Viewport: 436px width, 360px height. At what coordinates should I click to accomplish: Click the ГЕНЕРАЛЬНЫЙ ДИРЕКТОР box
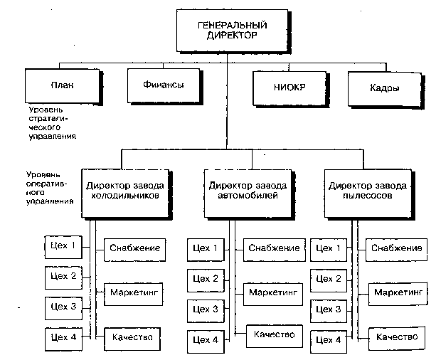point(233,31)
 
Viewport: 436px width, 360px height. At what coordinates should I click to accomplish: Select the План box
point(63,86)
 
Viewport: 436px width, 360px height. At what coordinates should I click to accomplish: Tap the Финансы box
point(164,86)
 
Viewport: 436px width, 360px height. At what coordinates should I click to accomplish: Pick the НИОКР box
point(291,89)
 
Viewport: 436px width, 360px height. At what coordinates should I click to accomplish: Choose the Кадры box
point(386,90)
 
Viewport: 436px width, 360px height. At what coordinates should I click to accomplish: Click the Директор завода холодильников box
point(127,194)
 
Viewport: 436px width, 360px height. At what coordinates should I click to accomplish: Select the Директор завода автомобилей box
point(249,194)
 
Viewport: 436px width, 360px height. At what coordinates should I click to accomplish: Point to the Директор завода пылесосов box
point(369,194)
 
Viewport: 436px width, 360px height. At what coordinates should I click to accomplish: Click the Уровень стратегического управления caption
point(52,123)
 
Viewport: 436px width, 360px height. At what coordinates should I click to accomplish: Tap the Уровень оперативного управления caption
point(50,188)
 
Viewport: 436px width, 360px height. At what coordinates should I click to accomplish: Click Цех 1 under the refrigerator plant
point(63,247)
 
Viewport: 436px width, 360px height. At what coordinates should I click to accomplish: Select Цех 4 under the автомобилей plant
point(206,342)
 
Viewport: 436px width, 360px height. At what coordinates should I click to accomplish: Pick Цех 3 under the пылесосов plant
point(329,311)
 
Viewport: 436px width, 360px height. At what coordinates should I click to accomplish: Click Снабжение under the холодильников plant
point(135,250)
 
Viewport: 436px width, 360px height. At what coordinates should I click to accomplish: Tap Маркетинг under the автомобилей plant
point(273,295)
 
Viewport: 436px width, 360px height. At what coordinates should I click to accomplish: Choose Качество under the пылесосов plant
point(397,339)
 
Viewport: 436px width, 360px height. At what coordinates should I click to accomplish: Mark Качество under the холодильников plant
point(132,339)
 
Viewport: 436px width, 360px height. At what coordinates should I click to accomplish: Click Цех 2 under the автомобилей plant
point(206,280)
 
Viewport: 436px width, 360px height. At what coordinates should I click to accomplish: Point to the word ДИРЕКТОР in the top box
point(232,36)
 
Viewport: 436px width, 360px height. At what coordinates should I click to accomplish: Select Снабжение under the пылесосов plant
point(396,250)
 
